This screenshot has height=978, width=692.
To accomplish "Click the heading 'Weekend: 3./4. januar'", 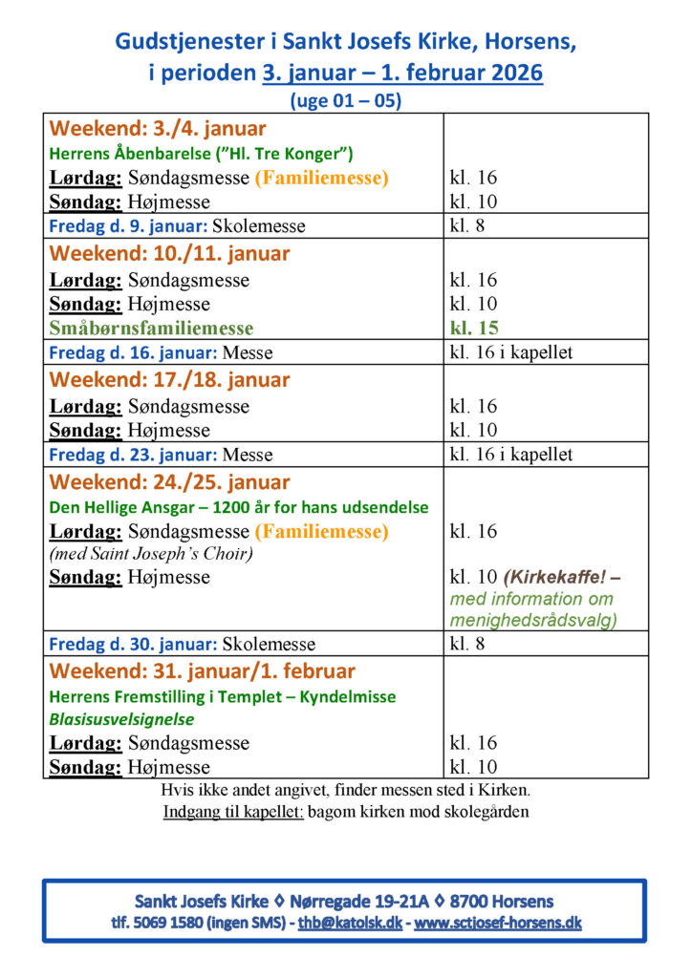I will pyautogui.click(x=158, y=129).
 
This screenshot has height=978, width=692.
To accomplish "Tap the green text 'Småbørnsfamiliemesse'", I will pyautogui.click(x=151, y=329).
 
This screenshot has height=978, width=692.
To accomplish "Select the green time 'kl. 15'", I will pyautogui.click(x=473, y=329).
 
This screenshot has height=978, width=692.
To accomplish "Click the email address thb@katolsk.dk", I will pyautogui.click(x=351, y=924).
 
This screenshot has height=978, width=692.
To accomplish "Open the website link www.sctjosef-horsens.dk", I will pyautogui.click(x=497, y=924).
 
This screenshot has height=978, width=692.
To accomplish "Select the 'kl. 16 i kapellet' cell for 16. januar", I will pyautogui.click(x=511, y=353).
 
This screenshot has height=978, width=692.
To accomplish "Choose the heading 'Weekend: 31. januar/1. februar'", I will pyautogui.click(x=202, y=671).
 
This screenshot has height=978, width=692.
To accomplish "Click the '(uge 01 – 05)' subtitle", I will pyautogui.click(x=345, y=99).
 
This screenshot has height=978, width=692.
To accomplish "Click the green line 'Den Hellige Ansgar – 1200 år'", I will pyautogui.click(x=239, y=507).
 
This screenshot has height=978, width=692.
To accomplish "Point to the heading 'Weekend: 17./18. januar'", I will pyautogui.click(x=169, y=380).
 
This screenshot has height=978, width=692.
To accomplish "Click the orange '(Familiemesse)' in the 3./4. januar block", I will pyautogui.click(x=321, y=178).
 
